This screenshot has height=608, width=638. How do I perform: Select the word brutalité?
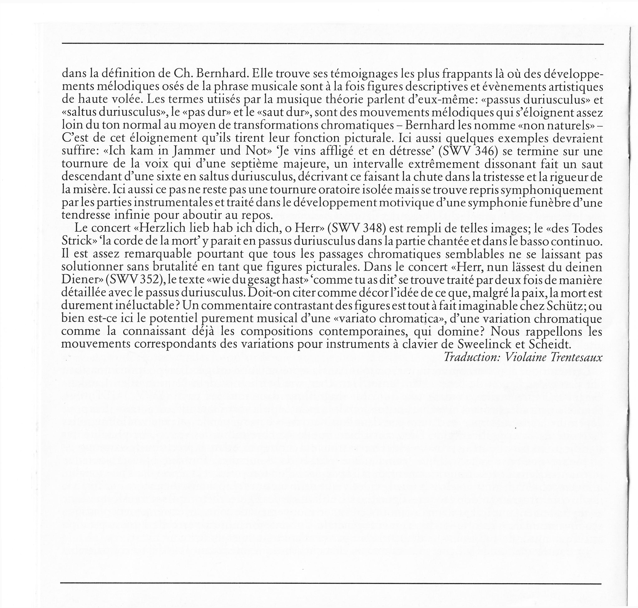[172, 267]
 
